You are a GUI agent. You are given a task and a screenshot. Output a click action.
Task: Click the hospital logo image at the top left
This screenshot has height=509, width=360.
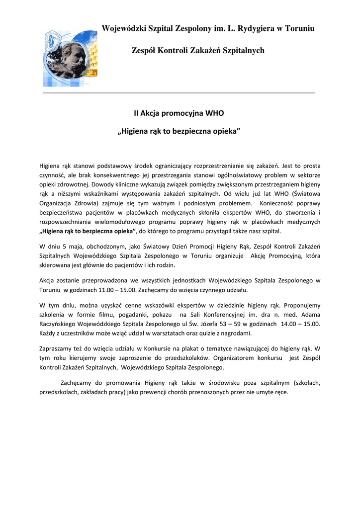click(x=70, y=58)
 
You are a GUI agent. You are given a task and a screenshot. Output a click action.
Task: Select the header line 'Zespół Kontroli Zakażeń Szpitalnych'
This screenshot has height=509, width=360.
click(x=198, y=50)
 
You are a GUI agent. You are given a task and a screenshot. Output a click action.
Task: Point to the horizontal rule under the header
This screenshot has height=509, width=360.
click(x=179, y=93)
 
